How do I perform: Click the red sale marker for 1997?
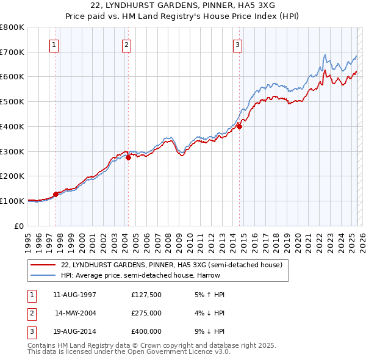pos(56,194)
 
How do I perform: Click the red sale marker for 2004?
pos(129,157)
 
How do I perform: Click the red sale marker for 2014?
pos(240,127)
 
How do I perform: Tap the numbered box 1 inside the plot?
pos(54,44)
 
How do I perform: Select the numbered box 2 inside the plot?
pos(126,44)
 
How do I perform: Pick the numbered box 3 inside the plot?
pos(237,44)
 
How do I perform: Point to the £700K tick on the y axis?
pos(12,52)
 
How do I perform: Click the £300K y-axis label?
pos(12,151)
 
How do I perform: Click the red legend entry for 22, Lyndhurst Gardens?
pos(171,265)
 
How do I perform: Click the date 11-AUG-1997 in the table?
pos(75,295)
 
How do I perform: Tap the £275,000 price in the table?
pos(146,313)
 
